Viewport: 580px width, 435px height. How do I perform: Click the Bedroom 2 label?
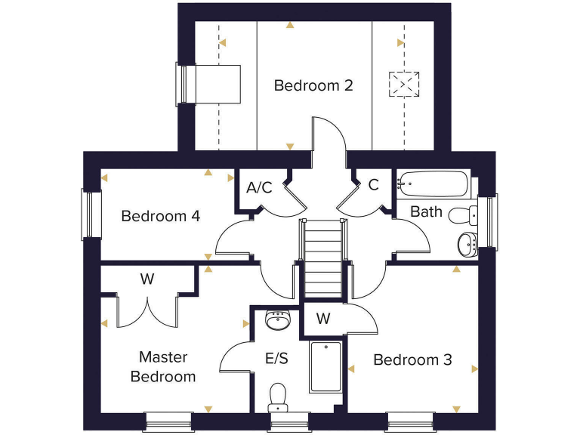click(x=313, y=85)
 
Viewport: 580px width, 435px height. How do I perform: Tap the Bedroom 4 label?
click(x=160, y=217)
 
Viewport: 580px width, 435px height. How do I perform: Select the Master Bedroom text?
click(x=163, y=366)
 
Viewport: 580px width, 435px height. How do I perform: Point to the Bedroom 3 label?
click(x=412, y=360)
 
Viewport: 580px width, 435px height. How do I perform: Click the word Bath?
click(x=426, y=212)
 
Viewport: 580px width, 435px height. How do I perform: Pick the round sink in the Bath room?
click(x=467, y=243)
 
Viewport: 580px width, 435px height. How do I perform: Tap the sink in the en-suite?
click(x=278, y=322)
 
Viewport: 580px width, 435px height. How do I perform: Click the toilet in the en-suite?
click(x=278, y=396)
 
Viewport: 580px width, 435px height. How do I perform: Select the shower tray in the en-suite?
click(x=325, y=367)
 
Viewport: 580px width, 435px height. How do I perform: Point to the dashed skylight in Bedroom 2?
click(x=404, y=83)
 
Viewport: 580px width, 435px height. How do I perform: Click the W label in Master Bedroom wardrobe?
click(x=147, y=279)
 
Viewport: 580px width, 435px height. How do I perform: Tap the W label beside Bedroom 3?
click(x=323, y=319)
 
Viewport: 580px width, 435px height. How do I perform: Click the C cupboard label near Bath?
click(x=373, y=185)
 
